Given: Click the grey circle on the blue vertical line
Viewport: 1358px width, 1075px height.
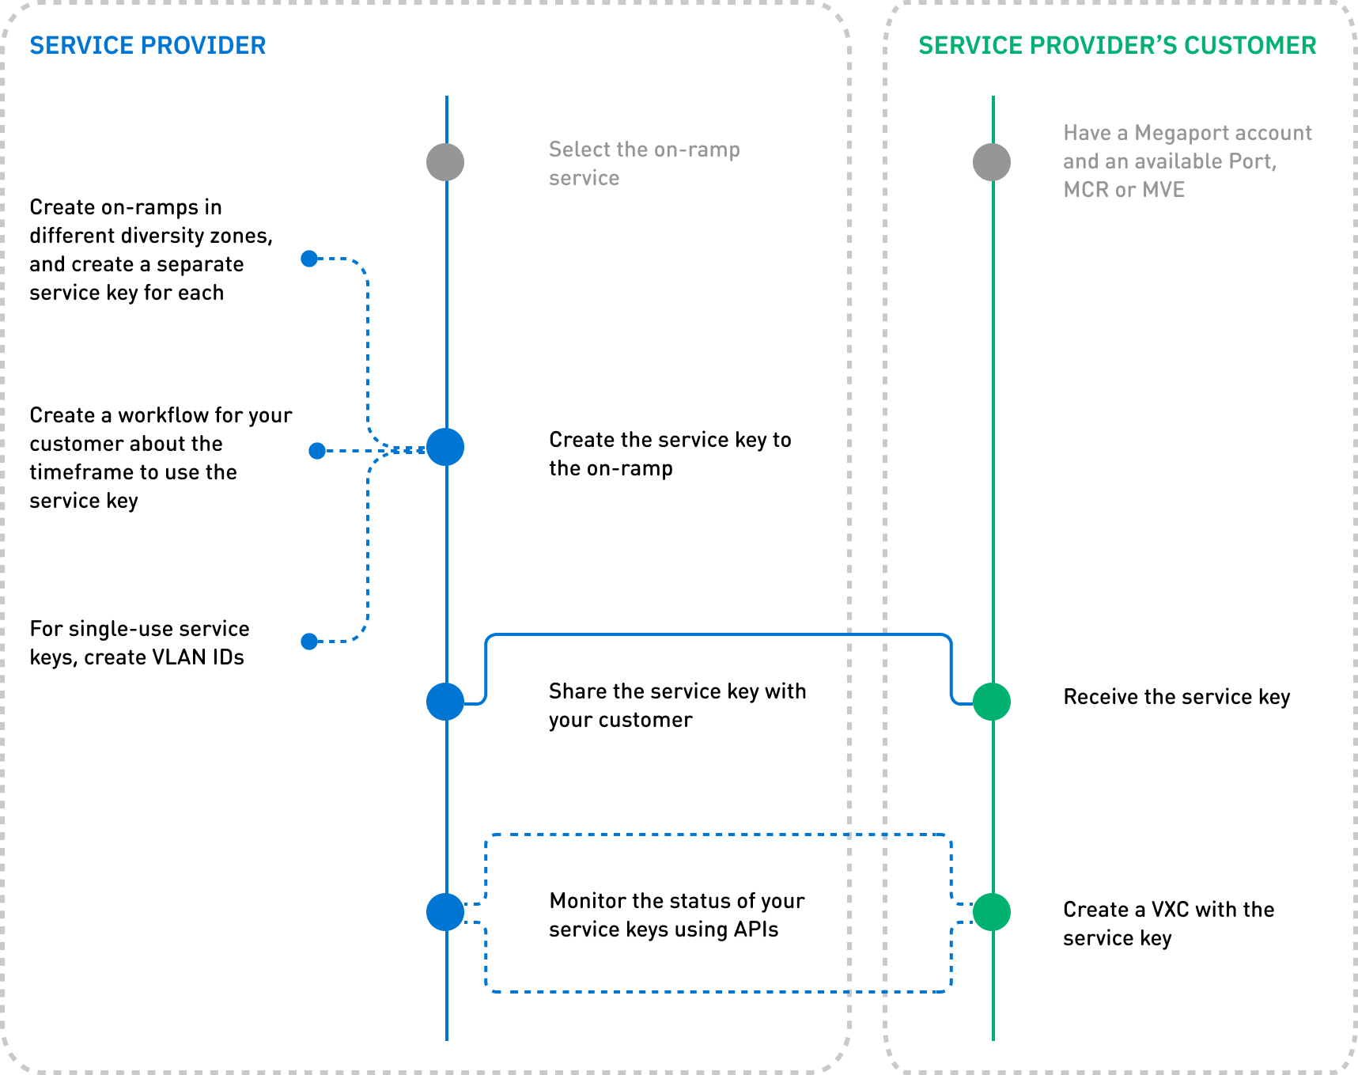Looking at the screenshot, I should coord(445,162).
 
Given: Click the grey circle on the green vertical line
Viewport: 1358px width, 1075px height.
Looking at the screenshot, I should coord(992,162).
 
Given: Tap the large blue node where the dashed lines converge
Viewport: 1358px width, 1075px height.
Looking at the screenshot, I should coord(445,448).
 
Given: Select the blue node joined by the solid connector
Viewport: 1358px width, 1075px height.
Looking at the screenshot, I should coord(445,702).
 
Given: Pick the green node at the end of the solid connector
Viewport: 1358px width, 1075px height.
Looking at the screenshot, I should coord(992,702).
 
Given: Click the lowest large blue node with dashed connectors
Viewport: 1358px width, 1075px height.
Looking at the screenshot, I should coord(445,912).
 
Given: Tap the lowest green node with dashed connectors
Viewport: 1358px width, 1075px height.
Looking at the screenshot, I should coord(992,912).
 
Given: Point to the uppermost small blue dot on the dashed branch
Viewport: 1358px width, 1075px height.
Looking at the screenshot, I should coord(309,259).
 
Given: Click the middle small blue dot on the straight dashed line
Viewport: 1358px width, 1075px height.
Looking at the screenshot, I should coord(317,451).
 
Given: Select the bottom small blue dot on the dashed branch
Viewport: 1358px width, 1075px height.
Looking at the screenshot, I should coord(309,642).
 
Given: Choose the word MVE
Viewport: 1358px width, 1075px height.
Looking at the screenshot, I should coord(1163,190).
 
